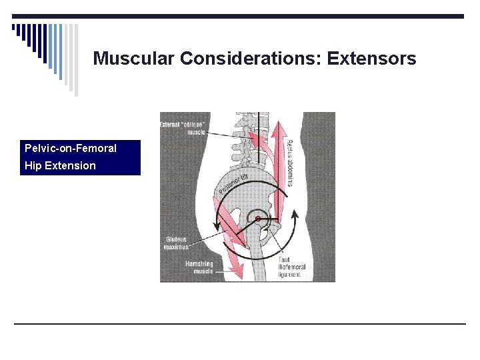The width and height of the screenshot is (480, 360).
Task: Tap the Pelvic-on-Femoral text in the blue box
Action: [x=70, y=148]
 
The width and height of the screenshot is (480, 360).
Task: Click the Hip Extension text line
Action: [x=60, y=165]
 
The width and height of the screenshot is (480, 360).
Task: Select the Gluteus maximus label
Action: [x=176, y=243]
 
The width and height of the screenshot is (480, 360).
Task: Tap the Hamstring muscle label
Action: [x=199, y=267]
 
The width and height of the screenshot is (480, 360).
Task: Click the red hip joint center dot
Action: [x=257, y=219]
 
